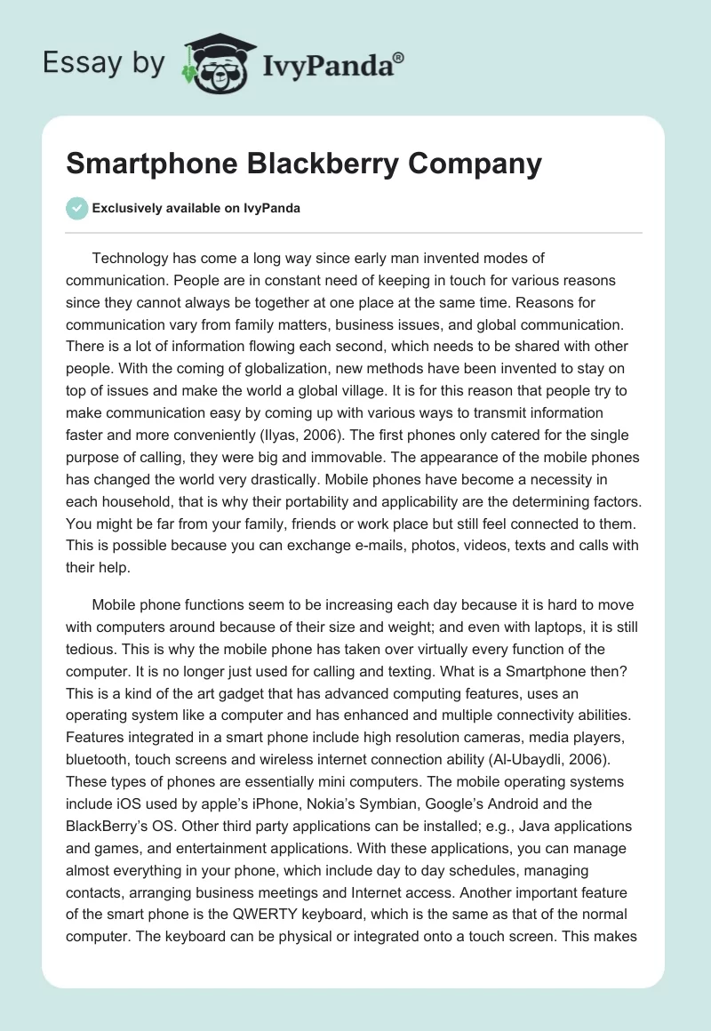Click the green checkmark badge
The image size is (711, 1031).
coord(76,208)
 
